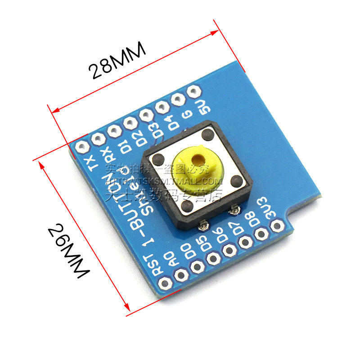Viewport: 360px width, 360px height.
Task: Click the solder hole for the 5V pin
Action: click(193, 92)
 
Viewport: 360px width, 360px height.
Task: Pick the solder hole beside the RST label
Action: click(165, 283)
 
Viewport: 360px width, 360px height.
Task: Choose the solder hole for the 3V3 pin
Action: click(278, 225)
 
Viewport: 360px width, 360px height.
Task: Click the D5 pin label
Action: click(204, 241)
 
